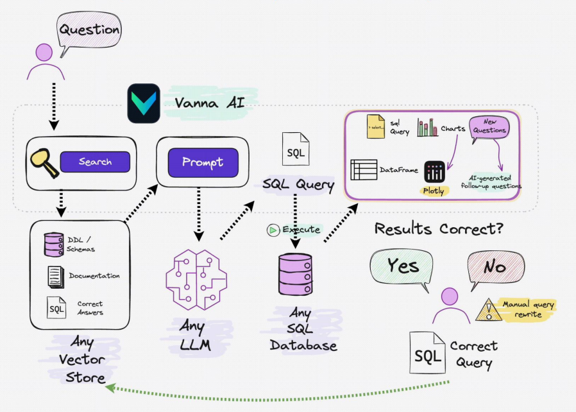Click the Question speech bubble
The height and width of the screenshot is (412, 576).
[89, 30]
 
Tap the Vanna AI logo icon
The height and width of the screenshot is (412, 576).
[143, 103]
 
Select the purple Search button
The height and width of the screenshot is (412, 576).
[95, 162]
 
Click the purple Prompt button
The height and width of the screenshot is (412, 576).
[202, 162]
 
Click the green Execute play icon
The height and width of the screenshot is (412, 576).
[273, 230]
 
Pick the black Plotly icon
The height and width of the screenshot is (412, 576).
[434, 171]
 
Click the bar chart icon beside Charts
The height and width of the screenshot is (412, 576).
[427, 126]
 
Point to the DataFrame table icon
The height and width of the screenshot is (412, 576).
[363, 169]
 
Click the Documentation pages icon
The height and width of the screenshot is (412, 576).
[55, 276]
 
